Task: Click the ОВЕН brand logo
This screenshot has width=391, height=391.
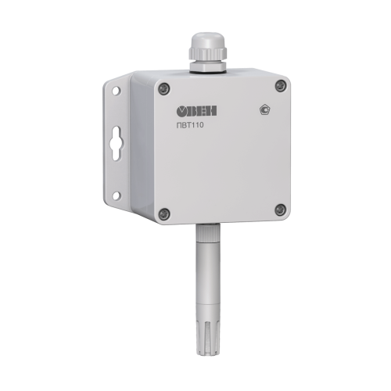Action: click(x=197, y=111)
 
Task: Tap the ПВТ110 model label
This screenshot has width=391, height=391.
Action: click(x=190, y=125)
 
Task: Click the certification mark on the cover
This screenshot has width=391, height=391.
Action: click(x=264, y=109)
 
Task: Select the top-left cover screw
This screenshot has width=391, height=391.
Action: click(x=164, y=89)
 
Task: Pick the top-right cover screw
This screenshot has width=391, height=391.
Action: click(x=281, y=85)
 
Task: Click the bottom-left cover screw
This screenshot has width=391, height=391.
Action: click(x=164, y=213)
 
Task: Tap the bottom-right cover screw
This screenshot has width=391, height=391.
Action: click(x=281, y=210)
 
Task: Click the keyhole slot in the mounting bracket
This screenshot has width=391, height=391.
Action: click(x=116, y=143)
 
